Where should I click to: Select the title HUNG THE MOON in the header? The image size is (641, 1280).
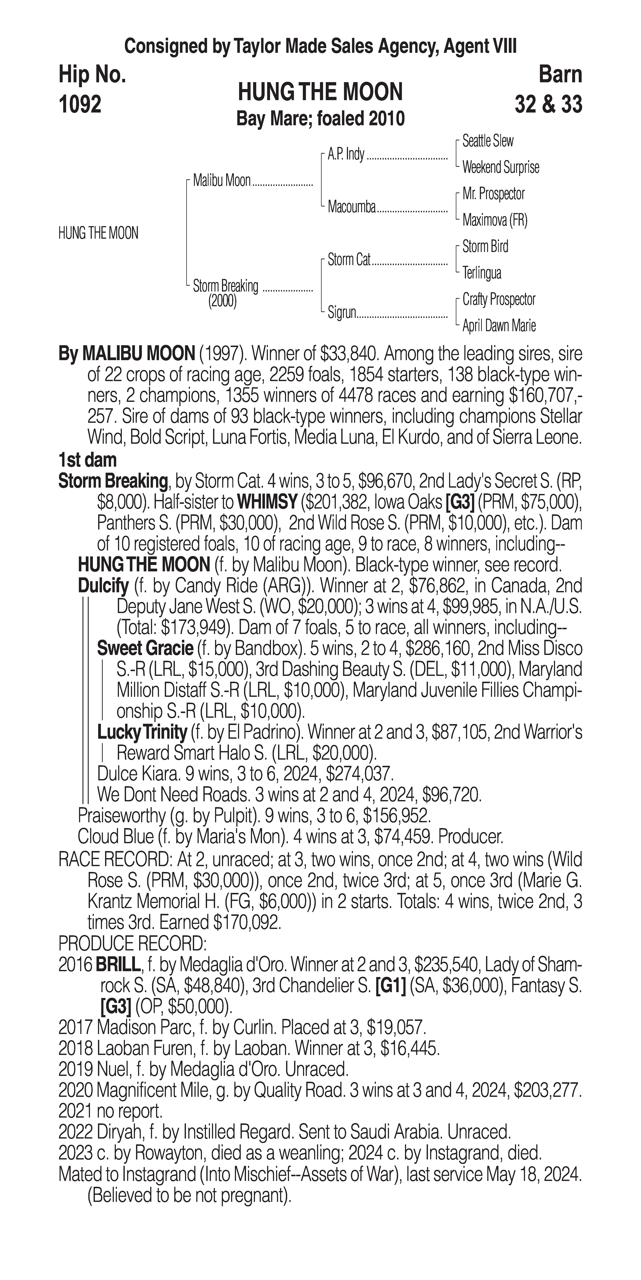click(x=320, y=92)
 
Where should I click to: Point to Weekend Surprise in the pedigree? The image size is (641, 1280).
click(x=500, y=168)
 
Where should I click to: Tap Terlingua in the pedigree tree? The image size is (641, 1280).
click(x=481, y=273)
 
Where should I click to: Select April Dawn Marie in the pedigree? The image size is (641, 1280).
click(x=499, y=326)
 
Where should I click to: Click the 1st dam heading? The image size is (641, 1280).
click(x=87, y=460)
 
